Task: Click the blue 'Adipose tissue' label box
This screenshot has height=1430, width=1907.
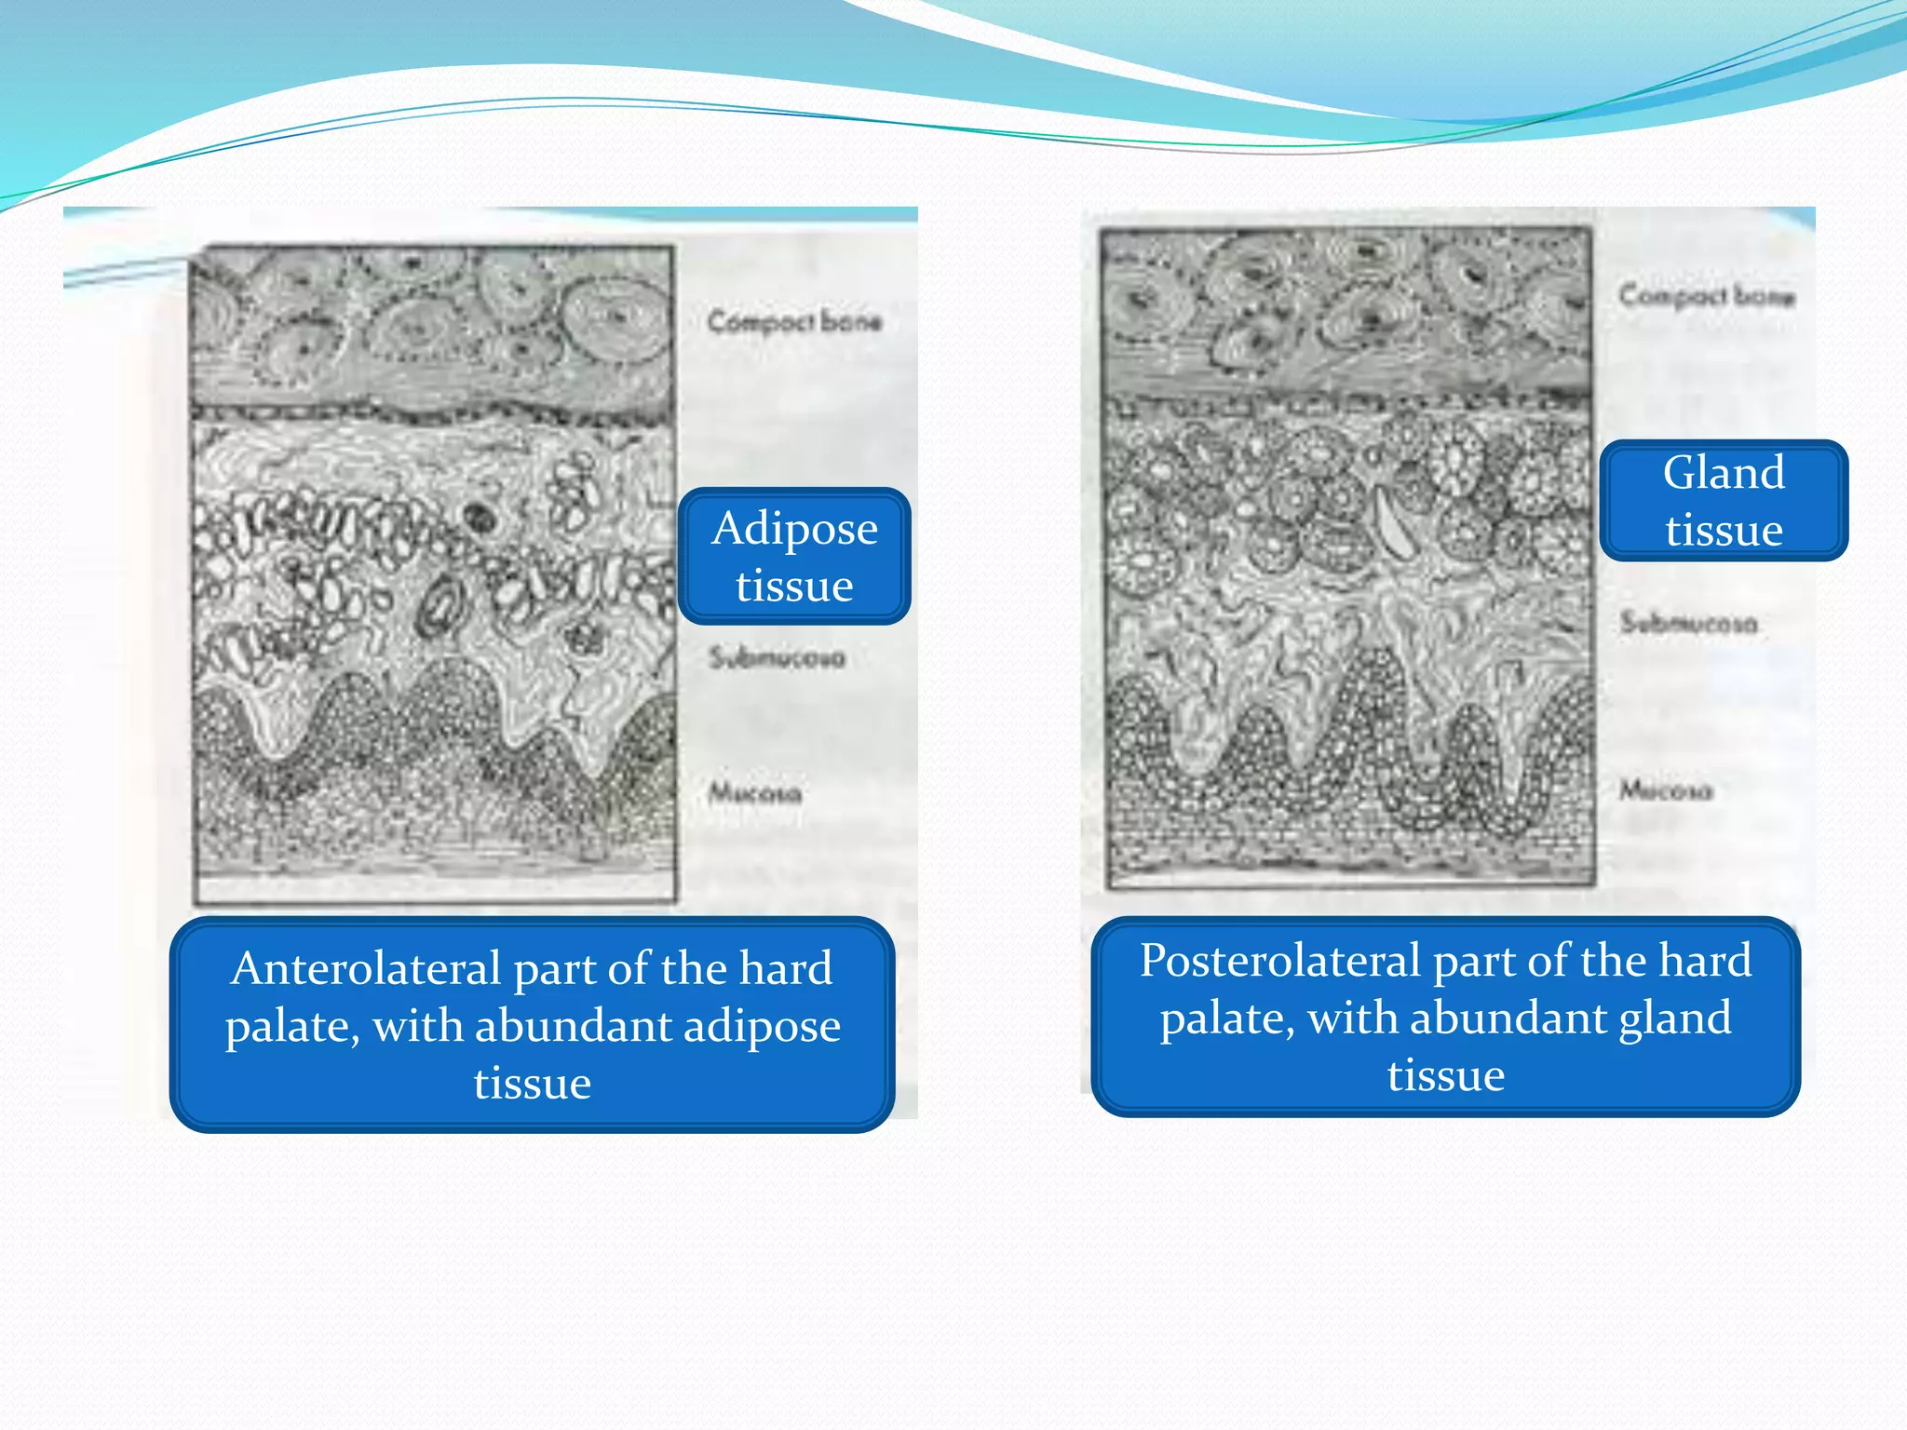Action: pos(794,556)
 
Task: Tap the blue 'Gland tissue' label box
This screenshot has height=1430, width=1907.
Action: pos(1724,501)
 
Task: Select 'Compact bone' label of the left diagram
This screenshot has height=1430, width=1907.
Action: pos(794,322)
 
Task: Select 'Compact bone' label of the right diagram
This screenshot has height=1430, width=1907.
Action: pos(1706,296)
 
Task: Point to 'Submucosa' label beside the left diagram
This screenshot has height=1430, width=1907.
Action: pos(777,657)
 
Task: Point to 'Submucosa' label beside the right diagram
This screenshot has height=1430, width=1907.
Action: pos(1688,622)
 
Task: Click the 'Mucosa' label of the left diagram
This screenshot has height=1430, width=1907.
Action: pos(754,793)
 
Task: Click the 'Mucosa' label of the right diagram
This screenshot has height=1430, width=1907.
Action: pos(1665,790)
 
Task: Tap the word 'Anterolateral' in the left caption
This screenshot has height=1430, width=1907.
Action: pos(366,968)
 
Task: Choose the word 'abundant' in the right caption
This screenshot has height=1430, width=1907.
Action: pos(1508,1018)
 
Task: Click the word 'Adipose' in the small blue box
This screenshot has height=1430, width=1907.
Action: pos(794,528)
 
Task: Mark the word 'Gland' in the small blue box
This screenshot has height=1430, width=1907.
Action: pos(1724,473)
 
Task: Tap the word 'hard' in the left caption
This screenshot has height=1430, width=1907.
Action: pos(785,968)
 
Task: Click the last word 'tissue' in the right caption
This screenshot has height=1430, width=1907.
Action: pos(1445,1075)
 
